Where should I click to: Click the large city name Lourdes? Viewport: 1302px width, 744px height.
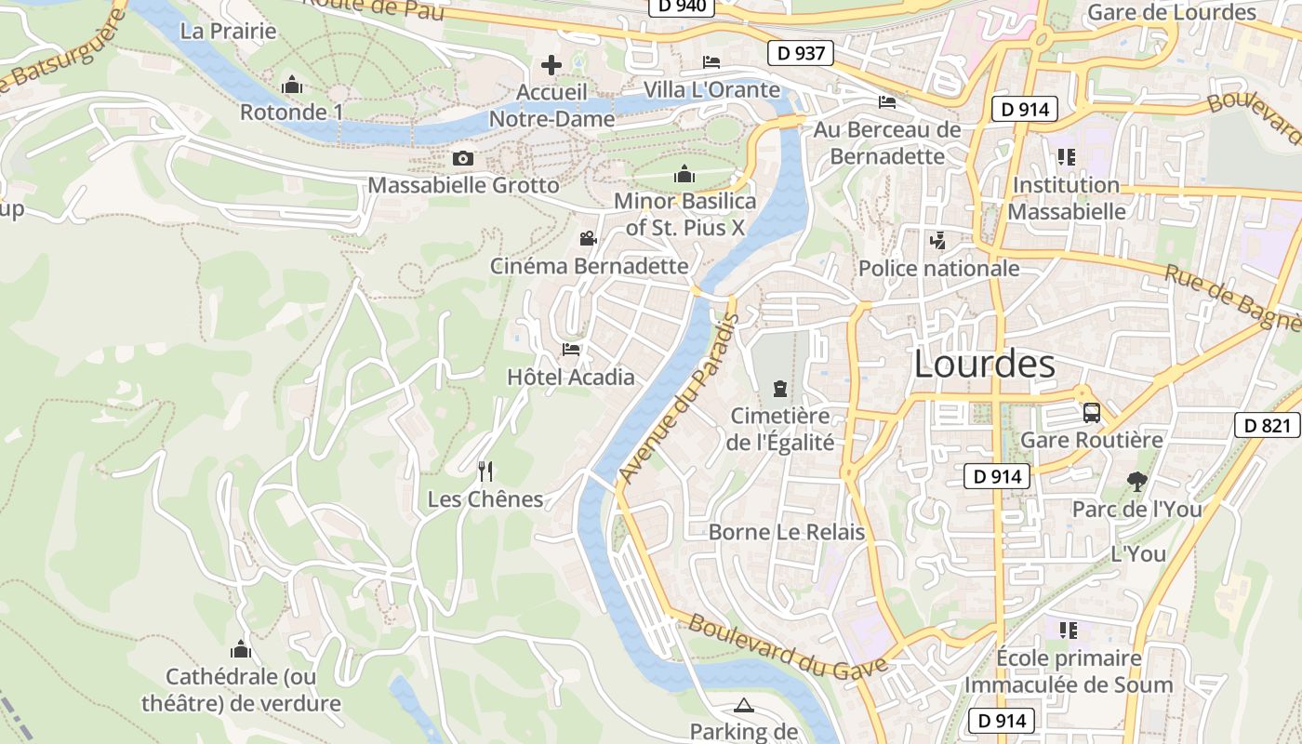pos(984,365)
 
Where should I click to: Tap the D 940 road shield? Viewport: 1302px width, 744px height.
pos(682,6)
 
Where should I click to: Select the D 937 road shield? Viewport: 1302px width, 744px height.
pos(800,54)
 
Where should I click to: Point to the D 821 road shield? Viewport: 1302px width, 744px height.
pos(1268,426)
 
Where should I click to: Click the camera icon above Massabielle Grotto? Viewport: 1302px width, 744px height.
pos(462,159)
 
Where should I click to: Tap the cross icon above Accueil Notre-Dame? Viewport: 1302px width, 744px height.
pos(551,65)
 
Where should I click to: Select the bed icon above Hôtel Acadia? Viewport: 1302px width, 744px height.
pos(571,350)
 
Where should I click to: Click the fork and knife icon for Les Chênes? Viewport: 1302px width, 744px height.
pos(485,472)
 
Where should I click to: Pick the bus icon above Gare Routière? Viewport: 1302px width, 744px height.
pos(1092,413)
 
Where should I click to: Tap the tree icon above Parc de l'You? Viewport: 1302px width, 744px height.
pos(1136,482)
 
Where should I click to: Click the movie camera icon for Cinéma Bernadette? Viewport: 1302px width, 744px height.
pos(588,239)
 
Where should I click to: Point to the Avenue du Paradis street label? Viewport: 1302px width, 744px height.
pos(679,398)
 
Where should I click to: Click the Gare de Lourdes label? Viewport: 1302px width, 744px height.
pos(1171,13)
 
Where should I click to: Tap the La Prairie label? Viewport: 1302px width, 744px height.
pos(229,32)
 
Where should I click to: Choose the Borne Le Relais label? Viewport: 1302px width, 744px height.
pos(787,533)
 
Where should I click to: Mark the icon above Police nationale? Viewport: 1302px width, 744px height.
pos(937,241)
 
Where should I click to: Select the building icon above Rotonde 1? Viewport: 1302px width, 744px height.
pos(292,86)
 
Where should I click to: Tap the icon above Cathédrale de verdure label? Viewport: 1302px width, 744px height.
pos(241,649)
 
